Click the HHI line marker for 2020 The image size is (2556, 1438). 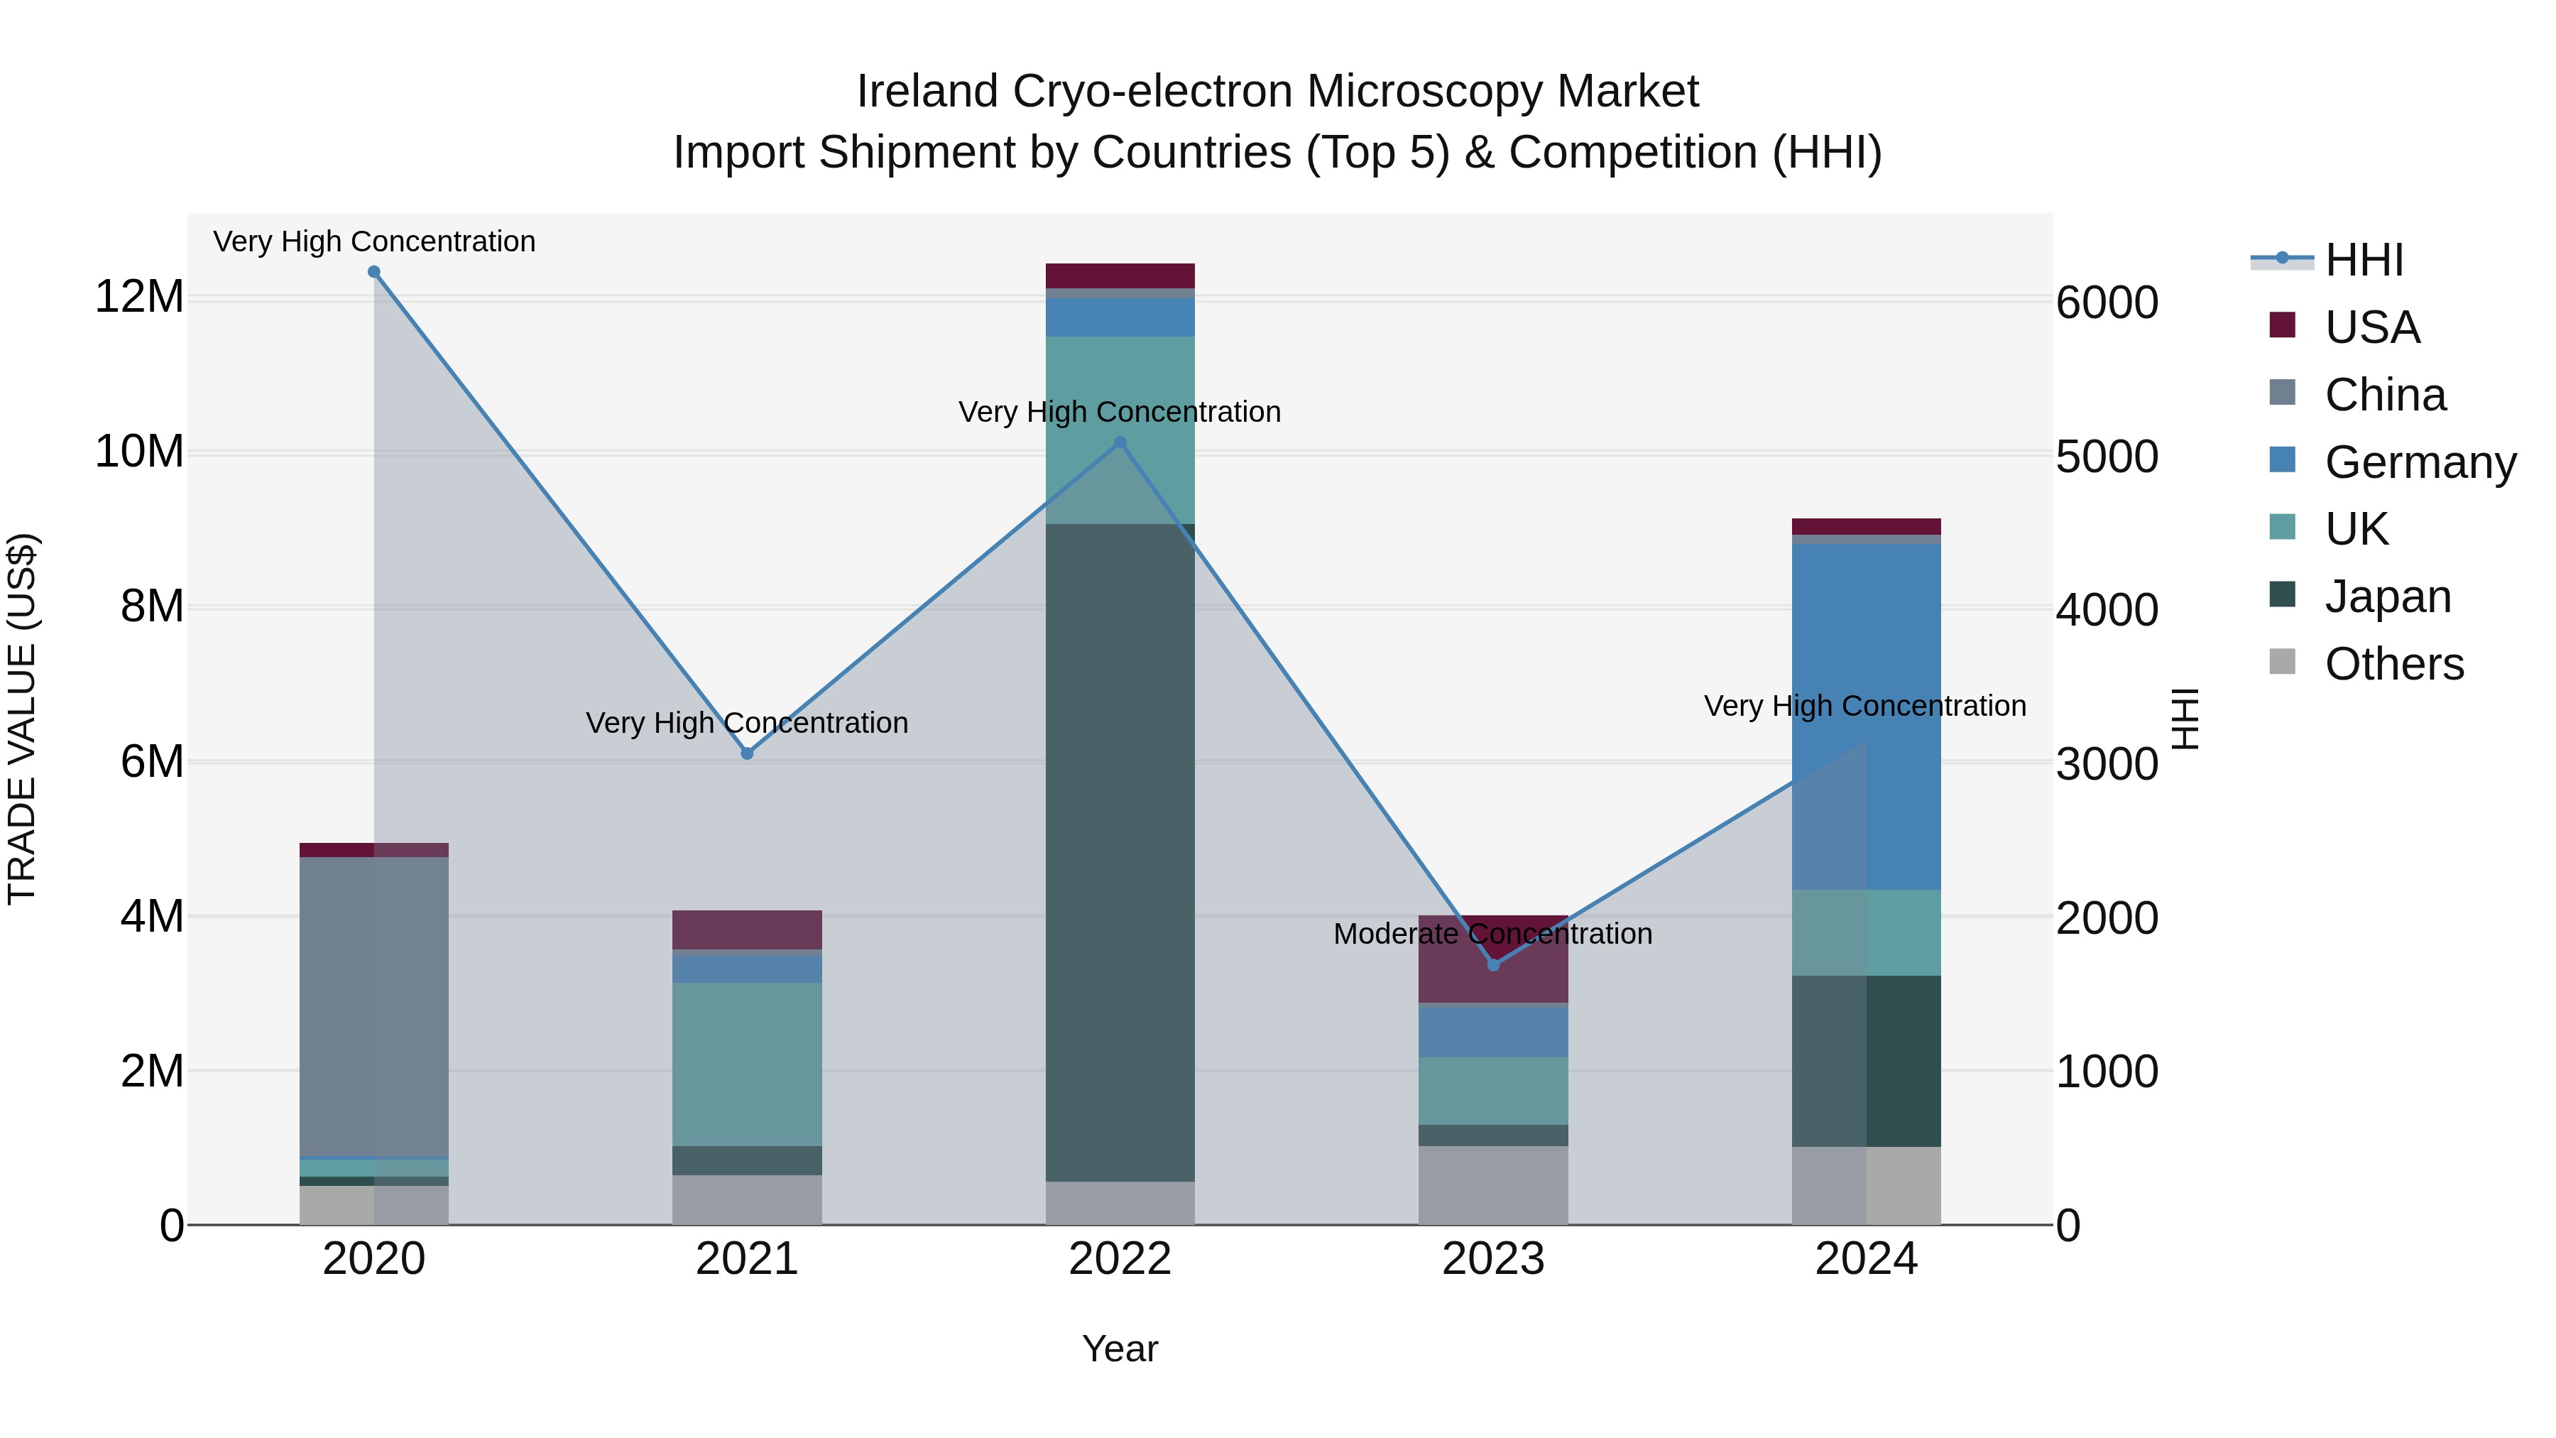pyautogui.click(x=374, y=272)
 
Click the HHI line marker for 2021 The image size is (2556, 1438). pyautogui.click(x=747, y=754)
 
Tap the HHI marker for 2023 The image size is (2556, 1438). pyautogui.click(x=1493, y=964)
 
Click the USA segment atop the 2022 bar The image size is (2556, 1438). pyautogui.click(x=1120, y=276)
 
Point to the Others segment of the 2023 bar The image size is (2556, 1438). pyautogui.click(x=1493, y=1185)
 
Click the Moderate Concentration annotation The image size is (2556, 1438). pyautogui.click(x=1492, y=934)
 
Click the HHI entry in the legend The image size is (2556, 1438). pyautogui.click(x=2364, y=260)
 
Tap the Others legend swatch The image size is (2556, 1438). pyautogui.click(x=2282, y=662)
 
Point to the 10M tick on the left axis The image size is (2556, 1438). pyautogui.click(x=139, y=452)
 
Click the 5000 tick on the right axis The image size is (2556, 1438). pyautogui.click(x=2107, y=457)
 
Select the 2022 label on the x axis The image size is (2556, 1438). pyautogui.click(x=1120, y=1259)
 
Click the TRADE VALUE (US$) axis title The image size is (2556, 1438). pyautogui.click(x=22, y=719)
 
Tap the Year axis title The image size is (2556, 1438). pyautogui.click(x=1120, y=1349)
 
